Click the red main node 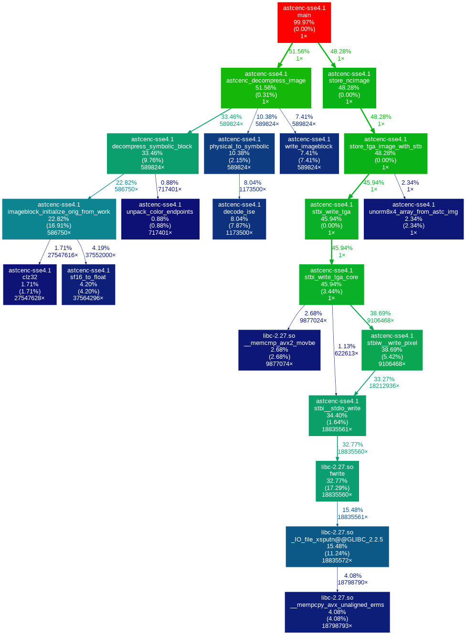[x=304, y=22]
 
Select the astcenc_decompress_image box [x=265, y=88]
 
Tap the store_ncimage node [x=349, y=88]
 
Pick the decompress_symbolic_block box [x=152, y=153]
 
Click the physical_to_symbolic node [x=239, y=153]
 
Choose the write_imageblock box [x=309, y=153]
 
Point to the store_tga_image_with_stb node [x=385, y=153]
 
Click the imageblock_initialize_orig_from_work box [x=59, y=219]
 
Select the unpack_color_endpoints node [x=160, y=219]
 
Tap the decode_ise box [x=239, y=219]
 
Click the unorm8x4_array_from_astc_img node [x=413, y=219]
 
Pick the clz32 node [x=30, y=284]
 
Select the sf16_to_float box [x=88, y=284]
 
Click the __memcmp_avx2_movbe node [x=279, y=350]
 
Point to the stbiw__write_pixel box [x=392, y=350]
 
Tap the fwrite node [x=337, y=480]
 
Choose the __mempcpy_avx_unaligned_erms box [x=337, y=612]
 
